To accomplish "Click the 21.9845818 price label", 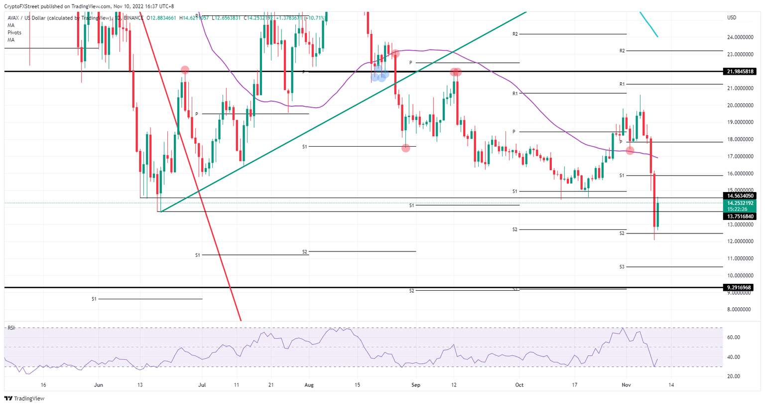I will coord(741,71).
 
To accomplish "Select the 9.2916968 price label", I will coord(740,287).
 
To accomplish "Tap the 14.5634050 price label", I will coord(741,196).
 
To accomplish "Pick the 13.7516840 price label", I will coord(741,216).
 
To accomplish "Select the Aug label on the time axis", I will coord(309,385).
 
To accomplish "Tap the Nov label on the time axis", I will coord(626,385).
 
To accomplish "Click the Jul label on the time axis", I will coord(202,385).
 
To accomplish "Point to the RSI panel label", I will coord(11,328).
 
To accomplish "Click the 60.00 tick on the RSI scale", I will coord(733,338).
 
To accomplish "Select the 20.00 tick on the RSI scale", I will coord(733,377).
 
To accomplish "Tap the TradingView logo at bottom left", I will coord(24,399).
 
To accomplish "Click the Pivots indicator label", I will coord(14,32).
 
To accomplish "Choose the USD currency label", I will coord(732,18).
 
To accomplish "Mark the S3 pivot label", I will coord(622,267).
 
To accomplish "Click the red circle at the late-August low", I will coord(406,148).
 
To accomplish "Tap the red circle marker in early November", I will coord(630,150).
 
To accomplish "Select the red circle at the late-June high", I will coord(185,70).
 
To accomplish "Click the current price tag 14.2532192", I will coord(741,203).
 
